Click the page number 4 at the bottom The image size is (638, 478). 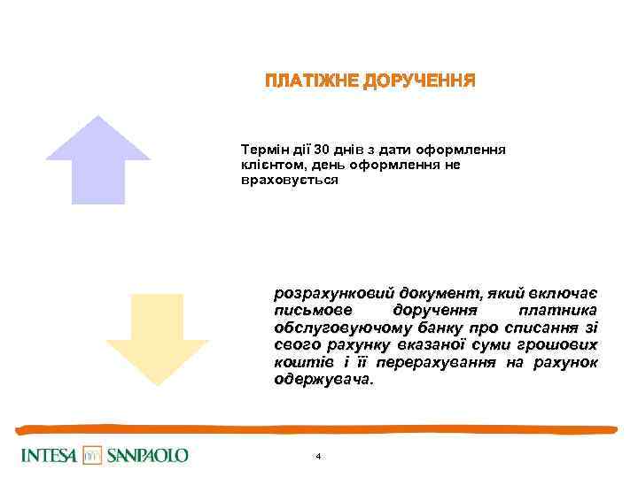coord(318,456)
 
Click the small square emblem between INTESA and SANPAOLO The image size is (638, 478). coord(92,455)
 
